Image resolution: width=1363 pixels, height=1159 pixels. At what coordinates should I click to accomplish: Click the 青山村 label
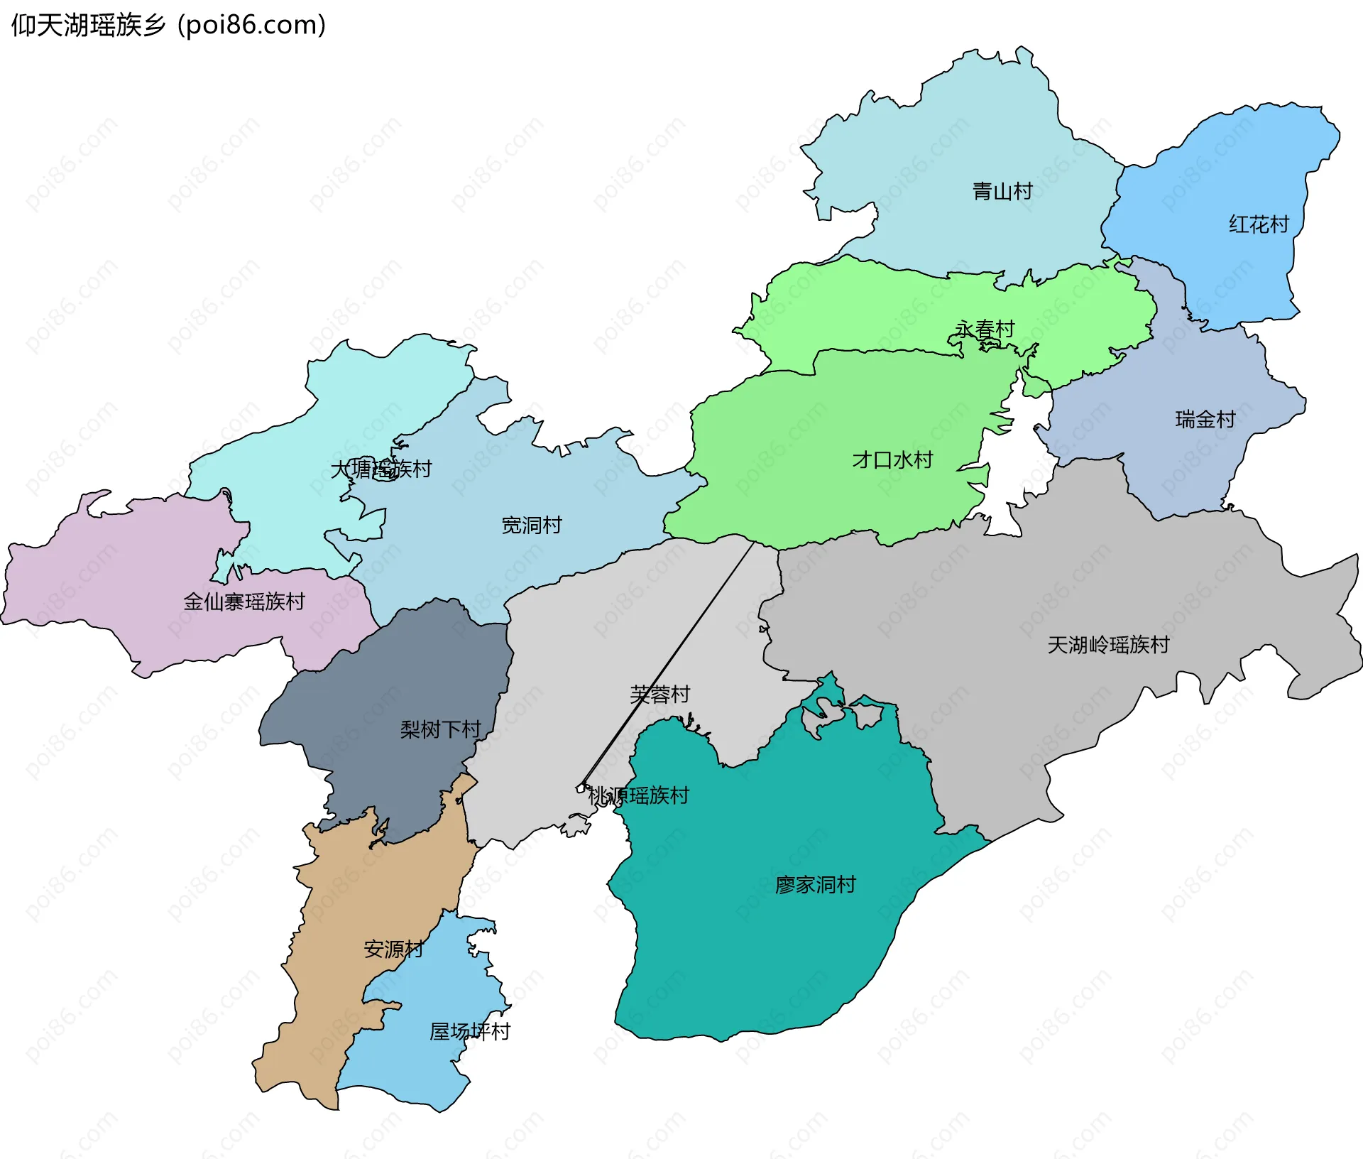tap(1002, 191)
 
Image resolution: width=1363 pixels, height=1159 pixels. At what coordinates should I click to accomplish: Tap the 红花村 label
tap(1259, 224)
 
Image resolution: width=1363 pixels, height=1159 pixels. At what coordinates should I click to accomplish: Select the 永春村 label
tap(984, 330)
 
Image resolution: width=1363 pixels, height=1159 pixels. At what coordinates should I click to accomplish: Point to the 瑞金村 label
tap(1205, 419)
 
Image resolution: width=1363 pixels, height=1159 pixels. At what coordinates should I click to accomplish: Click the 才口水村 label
tap(892, 459)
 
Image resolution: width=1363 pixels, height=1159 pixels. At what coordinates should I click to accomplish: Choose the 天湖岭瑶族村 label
tap(1107, 644)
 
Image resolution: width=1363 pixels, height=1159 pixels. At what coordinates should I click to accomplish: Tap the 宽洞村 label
tap(531, 525)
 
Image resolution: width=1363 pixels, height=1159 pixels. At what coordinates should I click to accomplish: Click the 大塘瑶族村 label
tap(381, 469)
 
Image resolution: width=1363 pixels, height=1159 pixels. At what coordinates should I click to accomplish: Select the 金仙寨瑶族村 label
tap(243, 602)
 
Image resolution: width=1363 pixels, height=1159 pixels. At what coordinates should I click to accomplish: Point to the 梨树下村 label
tap(440, 729)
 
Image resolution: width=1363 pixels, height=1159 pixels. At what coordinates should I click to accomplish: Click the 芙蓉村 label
tap(659, 694)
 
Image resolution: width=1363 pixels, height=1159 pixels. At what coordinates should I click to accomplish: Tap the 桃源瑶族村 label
tap(638, 795)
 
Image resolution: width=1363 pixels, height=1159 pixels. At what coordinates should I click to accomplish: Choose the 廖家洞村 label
tap(815, 884)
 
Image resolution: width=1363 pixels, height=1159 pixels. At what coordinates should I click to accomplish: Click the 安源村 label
tap(393, 949)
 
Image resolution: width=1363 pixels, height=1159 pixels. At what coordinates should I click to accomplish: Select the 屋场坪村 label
tap(469, 1031)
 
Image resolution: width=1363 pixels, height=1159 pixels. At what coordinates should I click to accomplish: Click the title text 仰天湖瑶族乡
tap(88, 26)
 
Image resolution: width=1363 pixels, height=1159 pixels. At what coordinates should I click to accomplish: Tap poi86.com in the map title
tap(252, 26)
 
